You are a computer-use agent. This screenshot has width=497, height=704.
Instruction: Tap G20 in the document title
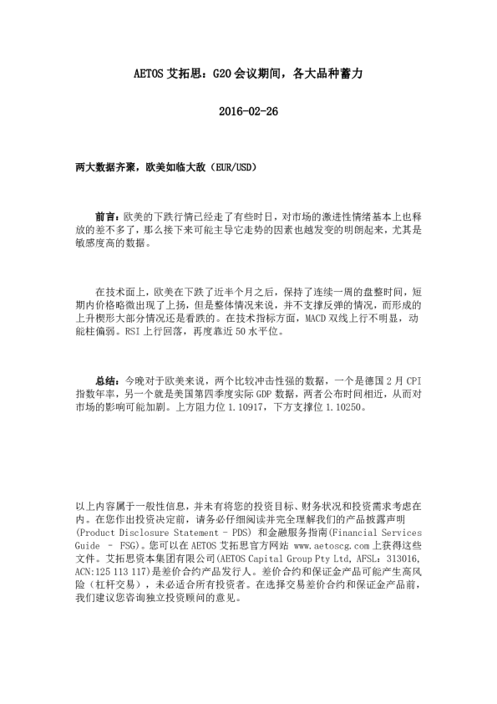click(x=223, y=74)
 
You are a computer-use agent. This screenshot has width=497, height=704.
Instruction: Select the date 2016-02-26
click(x=248, y=112)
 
